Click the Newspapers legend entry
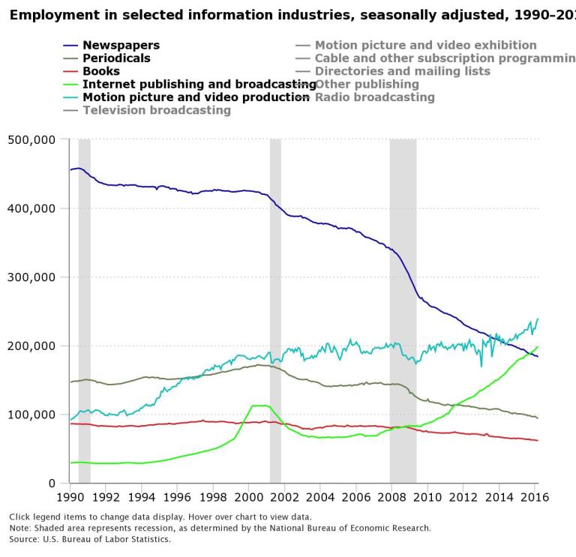pos(120,45)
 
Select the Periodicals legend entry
pos(115,58)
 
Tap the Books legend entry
pos(100,71)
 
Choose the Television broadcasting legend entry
pos(156,110)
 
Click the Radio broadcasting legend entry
pos(374,97)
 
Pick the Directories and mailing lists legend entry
pos(402,71)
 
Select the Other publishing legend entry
pos(367,84)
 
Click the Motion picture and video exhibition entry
pos(425,45)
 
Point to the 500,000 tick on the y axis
pos(31,139)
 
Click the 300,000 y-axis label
pos(31,277)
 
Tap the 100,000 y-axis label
pos(31,415)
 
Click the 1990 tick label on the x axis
pos(70,497)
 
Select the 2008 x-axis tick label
pos(391,497)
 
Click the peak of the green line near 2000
pos(259,406)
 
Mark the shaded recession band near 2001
pos(275,300)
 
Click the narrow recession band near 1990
pos(84,300)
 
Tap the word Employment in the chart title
pos(52,14)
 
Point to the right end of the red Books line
pos(537,440)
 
